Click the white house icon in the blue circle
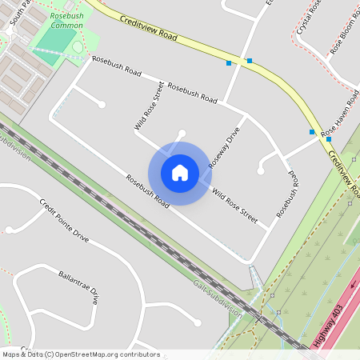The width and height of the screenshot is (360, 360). coord(179,173)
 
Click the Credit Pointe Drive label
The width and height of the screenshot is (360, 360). coord(64,220)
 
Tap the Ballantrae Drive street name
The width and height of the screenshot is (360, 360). coord(78,286)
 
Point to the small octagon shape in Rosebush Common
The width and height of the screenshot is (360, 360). coord(78,46)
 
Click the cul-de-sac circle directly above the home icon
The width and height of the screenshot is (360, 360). coord(182,133)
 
